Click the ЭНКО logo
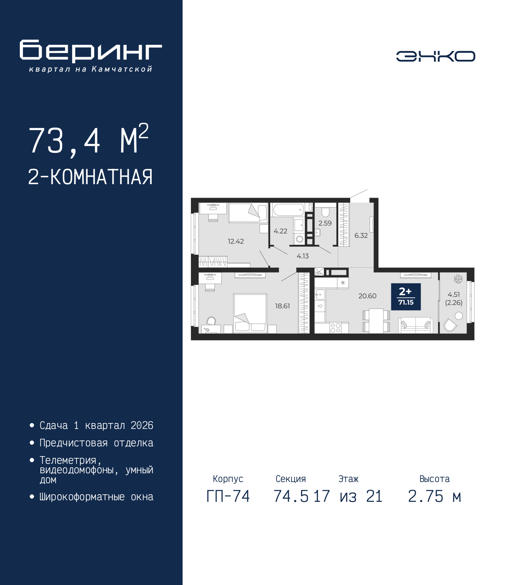coord(435,56)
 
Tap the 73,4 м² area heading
coord(88,140)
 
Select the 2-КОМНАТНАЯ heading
coord(90,177)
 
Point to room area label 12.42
coord(236,241)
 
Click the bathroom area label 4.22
coord(280,231)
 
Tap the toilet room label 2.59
coord(325,223)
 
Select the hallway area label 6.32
coord(361,236)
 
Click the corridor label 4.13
coord(303,256)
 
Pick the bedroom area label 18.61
coord(282,306)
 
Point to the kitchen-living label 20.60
coord(367,296)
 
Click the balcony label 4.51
coord(454,295)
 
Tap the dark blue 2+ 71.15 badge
coord(406,297)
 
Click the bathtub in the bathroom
coord(288,210)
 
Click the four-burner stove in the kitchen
coord(335,328)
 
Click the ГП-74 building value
coord(228,497)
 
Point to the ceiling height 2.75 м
coord(435,497)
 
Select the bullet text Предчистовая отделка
coord(96,443)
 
